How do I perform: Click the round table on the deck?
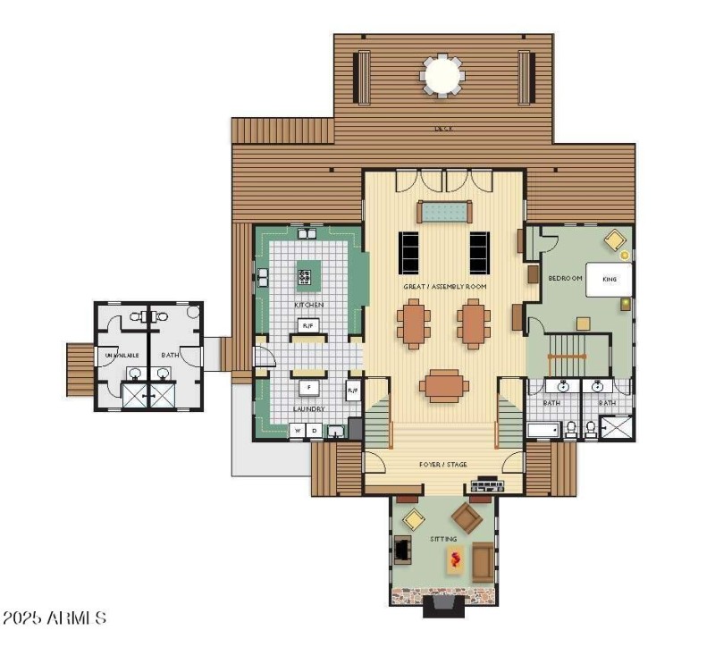pyautogui.click(x=443, y=75)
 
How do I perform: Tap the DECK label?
pyautogui.click(x=443, y=129)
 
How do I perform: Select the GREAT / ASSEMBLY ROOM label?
pyautogui.click(x=444, y=286)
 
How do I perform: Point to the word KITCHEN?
pyautogui.click(x=308, y=305)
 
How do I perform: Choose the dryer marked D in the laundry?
pyautogui.click(x=314, y=430)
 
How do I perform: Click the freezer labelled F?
pyautogui.click(x=309, y=388)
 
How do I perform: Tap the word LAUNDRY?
pyautogui.click(x=308, y=409)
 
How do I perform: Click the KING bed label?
pyautogui.click(x=610, y=279)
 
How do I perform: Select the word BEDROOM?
pyautogui.click(x=565, y=279)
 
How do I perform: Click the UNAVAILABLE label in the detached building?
pyautogui.click(x=121, y=355)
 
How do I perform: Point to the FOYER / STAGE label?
pyautogui.click(x=443, y=465)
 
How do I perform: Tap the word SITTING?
pyautogui.click(x=442, y=539)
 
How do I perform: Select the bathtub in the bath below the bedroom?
pyautogui.click(x=542, y=431)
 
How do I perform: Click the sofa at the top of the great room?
pyautogui.click(x=442, y=212)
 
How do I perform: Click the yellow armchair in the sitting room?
pyautogui.click(x=414, y=519)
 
